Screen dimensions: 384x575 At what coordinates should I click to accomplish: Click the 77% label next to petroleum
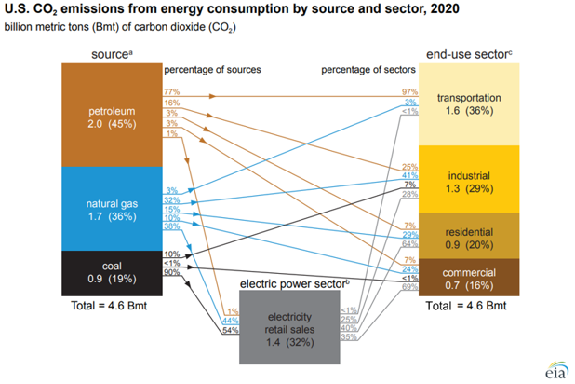172,92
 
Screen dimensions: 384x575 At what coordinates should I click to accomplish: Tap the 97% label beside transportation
408,92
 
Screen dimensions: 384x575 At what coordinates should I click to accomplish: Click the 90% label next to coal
172,271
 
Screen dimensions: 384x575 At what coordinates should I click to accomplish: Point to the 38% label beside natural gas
172,226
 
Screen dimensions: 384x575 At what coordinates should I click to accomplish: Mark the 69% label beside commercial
408,287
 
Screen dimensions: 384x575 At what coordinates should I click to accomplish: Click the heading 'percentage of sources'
211,71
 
